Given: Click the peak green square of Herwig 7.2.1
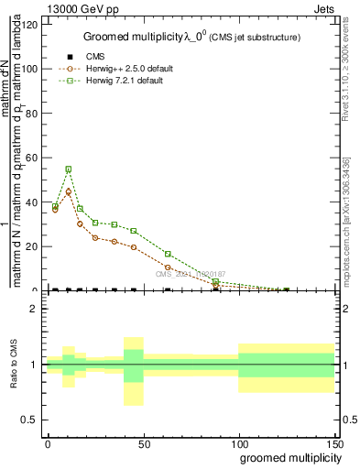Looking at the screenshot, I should (68, 169).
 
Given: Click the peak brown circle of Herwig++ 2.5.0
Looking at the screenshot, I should (68, 191).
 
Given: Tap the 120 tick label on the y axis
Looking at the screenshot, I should (30, 25).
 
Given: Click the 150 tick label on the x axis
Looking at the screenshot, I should (334, 444).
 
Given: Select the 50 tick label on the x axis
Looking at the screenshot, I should (144, 444).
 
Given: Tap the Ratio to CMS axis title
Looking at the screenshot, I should (15, 365).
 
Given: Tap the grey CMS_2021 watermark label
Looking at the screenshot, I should (190, 273).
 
